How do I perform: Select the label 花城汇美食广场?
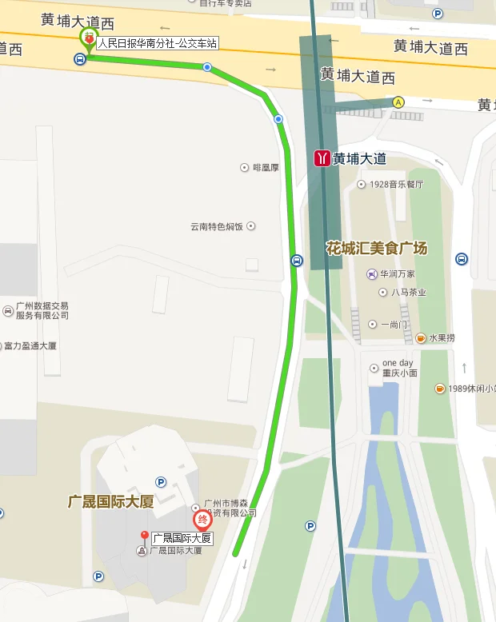[x=376, y=248]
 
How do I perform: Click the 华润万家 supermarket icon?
[x=372, y=274]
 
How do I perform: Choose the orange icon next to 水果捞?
[x=421, y=338]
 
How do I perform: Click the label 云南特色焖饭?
[x=216, y=226]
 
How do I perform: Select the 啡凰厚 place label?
[x=266, y=168]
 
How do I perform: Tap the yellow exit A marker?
[x=398, y=102]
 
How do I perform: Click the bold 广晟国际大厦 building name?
[x=110, y=502]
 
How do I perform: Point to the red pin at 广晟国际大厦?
[x=144, y=537]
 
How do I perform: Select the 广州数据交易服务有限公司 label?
[x=42, y=311]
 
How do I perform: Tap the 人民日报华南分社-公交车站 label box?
[x=158, y=43]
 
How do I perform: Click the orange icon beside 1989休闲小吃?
[x=440, y=389]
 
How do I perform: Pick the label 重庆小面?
[x=400, y=373]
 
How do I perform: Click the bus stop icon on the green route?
[x=296, y=261]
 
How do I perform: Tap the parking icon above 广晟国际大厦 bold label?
[x=161, y=483]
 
